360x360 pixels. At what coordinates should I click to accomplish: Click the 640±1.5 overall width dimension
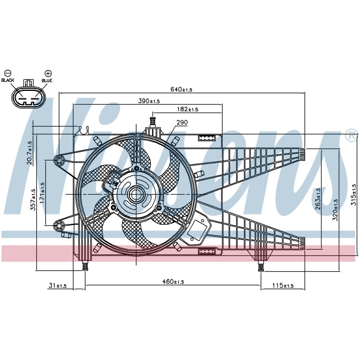point(181,89)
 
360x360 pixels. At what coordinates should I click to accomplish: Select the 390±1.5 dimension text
point(149,101)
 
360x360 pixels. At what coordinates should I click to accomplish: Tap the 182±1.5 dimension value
point(187,109)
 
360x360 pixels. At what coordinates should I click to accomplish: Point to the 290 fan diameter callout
point(182,122)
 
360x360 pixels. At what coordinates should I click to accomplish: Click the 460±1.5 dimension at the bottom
point(173,281)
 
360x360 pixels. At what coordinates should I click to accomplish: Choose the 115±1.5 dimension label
point(283,285)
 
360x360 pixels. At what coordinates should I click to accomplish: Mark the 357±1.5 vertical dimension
point(33,199)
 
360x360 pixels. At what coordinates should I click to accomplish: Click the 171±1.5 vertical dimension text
point(42,193)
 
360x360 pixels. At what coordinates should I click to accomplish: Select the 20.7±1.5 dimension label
point(30,153)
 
